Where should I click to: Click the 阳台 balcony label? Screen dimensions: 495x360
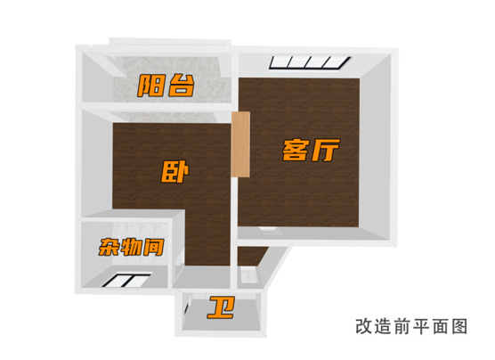(x=166, y=86)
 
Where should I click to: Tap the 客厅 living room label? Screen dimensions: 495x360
(x=311, y=150)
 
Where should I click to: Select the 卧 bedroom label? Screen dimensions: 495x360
(x=174, y=172)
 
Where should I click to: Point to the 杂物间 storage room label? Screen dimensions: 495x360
(x=131, y=247)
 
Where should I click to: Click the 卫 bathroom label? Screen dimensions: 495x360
(x=221, y=307)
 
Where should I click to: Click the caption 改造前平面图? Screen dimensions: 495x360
(x=411, y=326)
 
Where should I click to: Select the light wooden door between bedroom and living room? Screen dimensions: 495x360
(x=240, y=144)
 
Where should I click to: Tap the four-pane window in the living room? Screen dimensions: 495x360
(x=310, y=62)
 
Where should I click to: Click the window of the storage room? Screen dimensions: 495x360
(x=126, y=281)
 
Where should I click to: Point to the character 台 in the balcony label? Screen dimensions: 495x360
(x=181, y=86)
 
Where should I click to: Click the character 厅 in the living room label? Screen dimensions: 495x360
(x=326, y=150)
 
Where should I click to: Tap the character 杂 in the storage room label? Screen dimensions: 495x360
(x=109, y=247)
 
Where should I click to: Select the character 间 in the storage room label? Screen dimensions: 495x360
(x=154, y=248)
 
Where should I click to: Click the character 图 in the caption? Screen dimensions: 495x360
(x=459, y=326)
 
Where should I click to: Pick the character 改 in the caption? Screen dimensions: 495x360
(x=363, y=326)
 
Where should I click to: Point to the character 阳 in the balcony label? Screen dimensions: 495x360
(x=150, y=86)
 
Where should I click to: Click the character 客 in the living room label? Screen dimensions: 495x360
(x=296, y=150)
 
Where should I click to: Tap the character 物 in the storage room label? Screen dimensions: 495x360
(x=131, y=247)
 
